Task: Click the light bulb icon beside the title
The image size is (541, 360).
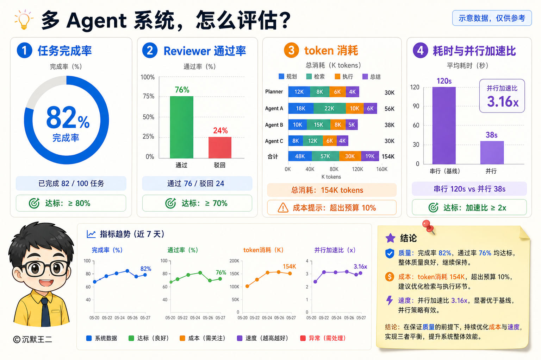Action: (x=24, y=20)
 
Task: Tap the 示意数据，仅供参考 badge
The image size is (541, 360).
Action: (x=492, y=18)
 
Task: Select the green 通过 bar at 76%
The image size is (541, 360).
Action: (x=182, y=127)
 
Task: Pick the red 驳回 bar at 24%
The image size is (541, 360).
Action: (x=220, y=148)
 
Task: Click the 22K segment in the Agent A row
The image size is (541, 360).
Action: (x=329, y=109)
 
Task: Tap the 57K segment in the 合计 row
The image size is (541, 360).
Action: (x=325, y=156)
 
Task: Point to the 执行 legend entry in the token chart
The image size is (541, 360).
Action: (x=344, y=77)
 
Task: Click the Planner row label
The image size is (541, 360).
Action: (x=274, y=92)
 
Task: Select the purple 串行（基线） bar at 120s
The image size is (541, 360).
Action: (x=444, y=126)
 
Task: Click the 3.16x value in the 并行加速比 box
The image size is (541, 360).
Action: (x=503, y=101)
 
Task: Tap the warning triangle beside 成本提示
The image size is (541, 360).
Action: (x=283, y=208)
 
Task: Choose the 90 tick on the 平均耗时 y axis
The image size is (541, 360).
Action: (x=416, y=106)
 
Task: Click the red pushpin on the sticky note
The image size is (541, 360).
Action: (x=428, y=227)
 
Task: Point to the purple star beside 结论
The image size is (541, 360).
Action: (x=390, y=238)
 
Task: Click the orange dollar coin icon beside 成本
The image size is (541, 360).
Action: (x=390, y=277)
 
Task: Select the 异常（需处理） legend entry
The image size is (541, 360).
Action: (x=323, y=338)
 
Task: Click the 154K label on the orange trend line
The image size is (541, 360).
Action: (x=289, y=266)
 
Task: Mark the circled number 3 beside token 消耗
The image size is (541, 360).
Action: (x=291, y=50)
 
